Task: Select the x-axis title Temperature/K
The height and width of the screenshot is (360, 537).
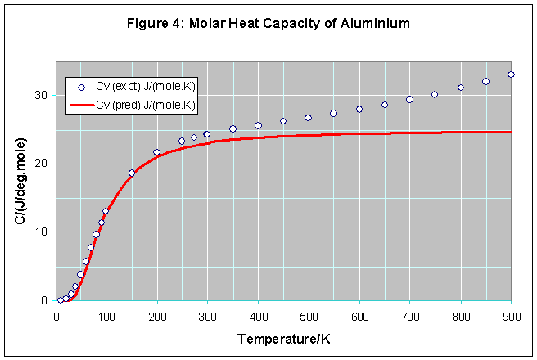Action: pyautogui.click(x=283, y=339)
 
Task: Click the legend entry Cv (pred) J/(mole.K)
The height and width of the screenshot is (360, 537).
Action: pyautogui.click(x=144, y=105)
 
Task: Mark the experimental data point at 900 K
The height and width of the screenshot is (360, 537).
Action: pyautogui.click(x=511, y=74)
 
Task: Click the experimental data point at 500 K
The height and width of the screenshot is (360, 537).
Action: pyautogui.click(x=309, y=118)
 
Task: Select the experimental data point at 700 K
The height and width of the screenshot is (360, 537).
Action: pyautogui.click(x=409, y=99)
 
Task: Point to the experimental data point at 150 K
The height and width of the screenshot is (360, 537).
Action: pyautogui.click(x=132, y=173)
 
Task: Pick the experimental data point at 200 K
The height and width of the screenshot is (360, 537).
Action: pyautogui.click(x=157, y=152)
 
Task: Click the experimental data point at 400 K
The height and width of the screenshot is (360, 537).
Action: pyautogui.click(x=258, y=125)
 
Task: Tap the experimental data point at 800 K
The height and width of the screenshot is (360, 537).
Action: pyautogui.click(x=460, y=88)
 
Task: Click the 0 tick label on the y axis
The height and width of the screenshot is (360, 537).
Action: pyautogui.click(x=45, y=300)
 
